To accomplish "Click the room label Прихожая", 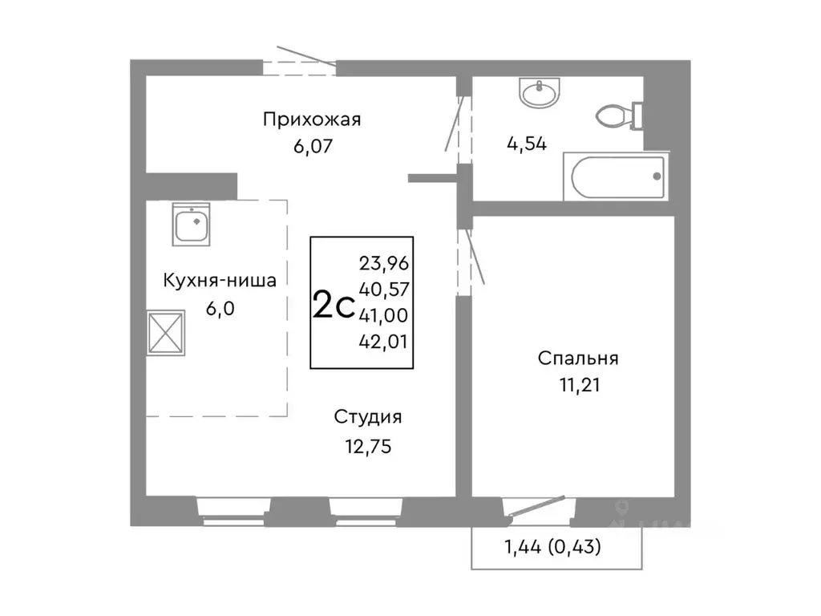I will (x=312, y=120).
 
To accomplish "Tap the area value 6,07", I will (x=312, y=146).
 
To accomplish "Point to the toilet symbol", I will (x=620, y=115).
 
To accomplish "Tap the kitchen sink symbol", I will (x=192, y=225).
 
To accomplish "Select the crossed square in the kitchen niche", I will (x=168, y=332).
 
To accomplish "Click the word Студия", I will (x=368, y=417).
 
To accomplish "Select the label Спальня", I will (x=577, y=359).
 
